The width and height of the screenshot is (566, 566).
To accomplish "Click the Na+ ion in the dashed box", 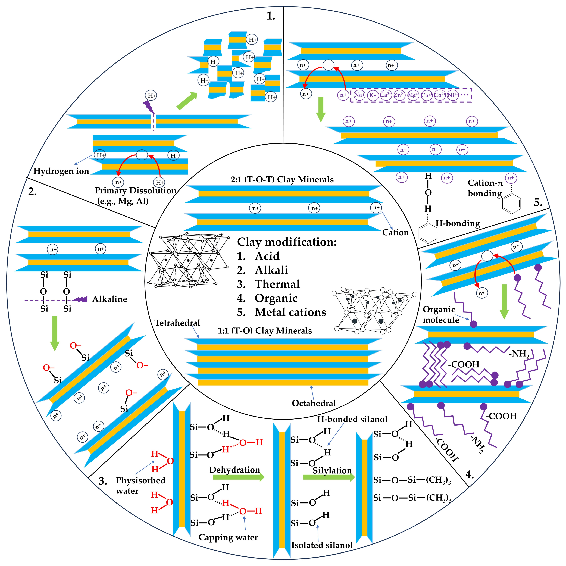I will point(359,95).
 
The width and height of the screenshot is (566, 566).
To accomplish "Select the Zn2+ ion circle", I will point(399,95).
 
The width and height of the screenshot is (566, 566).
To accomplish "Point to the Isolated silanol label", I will point(322,545).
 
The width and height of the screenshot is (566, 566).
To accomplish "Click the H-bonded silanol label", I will point(352,419).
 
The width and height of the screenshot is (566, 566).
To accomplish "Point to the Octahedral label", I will point(314,403).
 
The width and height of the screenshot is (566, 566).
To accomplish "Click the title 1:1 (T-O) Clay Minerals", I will point(265,331).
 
